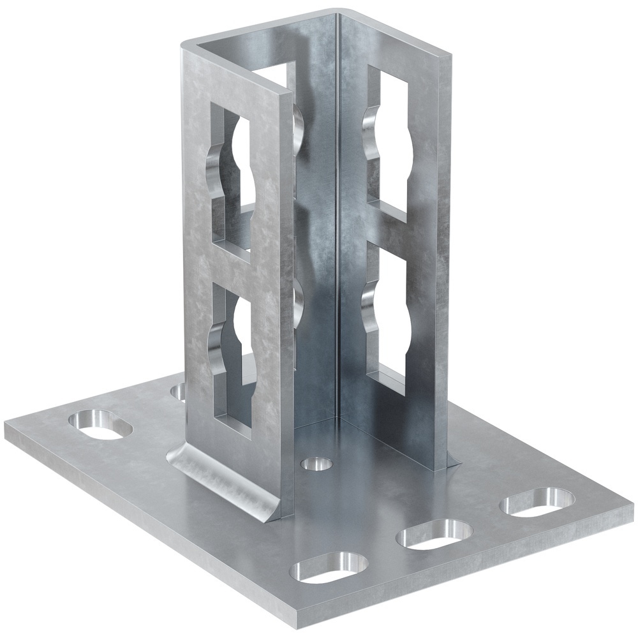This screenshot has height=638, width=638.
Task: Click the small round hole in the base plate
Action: pyautogui.click(x=316, y=463)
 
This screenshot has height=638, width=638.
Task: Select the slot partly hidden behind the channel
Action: pyautogui.click(x=178, y=390)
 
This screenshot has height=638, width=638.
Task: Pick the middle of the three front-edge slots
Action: pyautogui.click(x=434, y=534)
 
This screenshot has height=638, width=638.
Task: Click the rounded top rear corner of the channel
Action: pyautogui.click(x=335, y=13)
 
